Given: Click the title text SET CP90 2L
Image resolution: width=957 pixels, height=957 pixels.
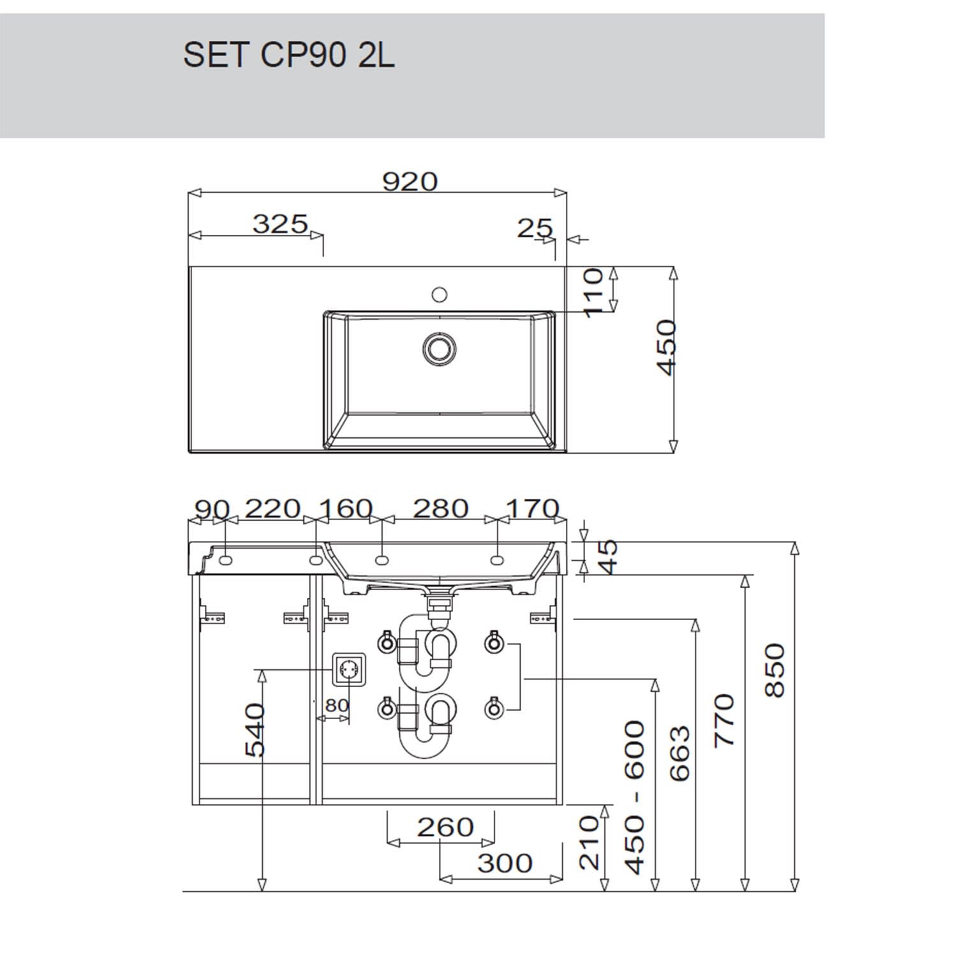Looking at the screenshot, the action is point(289,55).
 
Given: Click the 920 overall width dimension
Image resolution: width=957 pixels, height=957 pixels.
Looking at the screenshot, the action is point(410,182).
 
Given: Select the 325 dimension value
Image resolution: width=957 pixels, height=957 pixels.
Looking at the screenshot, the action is point(281,224).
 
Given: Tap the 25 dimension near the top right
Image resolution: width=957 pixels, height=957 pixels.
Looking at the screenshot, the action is point(535,228).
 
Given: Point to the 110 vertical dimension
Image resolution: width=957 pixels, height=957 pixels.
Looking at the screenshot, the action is point(593,292).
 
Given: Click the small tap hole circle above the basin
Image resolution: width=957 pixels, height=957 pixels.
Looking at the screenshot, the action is point(439,294).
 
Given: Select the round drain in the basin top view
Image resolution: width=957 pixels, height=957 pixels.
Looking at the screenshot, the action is point(438,348).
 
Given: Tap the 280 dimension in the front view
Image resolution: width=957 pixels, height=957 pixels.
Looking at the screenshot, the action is point(441,508).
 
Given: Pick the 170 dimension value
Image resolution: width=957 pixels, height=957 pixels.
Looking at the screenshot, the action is point(533,508).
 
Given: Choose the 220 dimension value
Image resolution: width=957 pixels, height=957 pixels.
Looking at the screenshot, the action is point(272,508).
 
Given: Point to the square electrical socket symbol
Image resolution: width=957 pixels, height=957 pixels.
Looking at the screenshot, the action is point(349,670).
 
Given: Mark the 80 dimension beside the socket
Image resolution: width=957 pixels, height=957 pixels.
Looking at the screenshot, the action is point(337,705).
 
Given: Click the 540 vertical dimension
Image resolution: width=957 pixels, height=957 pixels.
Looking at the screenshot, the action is point(255,730).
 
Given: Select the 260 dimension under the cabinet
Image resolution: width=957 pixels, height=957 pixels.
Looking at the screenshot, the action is point(445,827).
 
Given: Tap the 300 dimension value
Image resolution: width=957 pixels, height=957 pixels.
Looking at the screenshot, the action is point(505,863).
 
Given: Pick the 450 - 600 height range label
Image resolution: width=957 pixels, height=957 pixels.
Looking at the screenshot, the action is point(635,797).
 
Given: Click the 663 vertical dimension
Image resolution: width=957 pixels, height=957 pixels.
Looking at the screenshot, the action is point(680,753).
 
